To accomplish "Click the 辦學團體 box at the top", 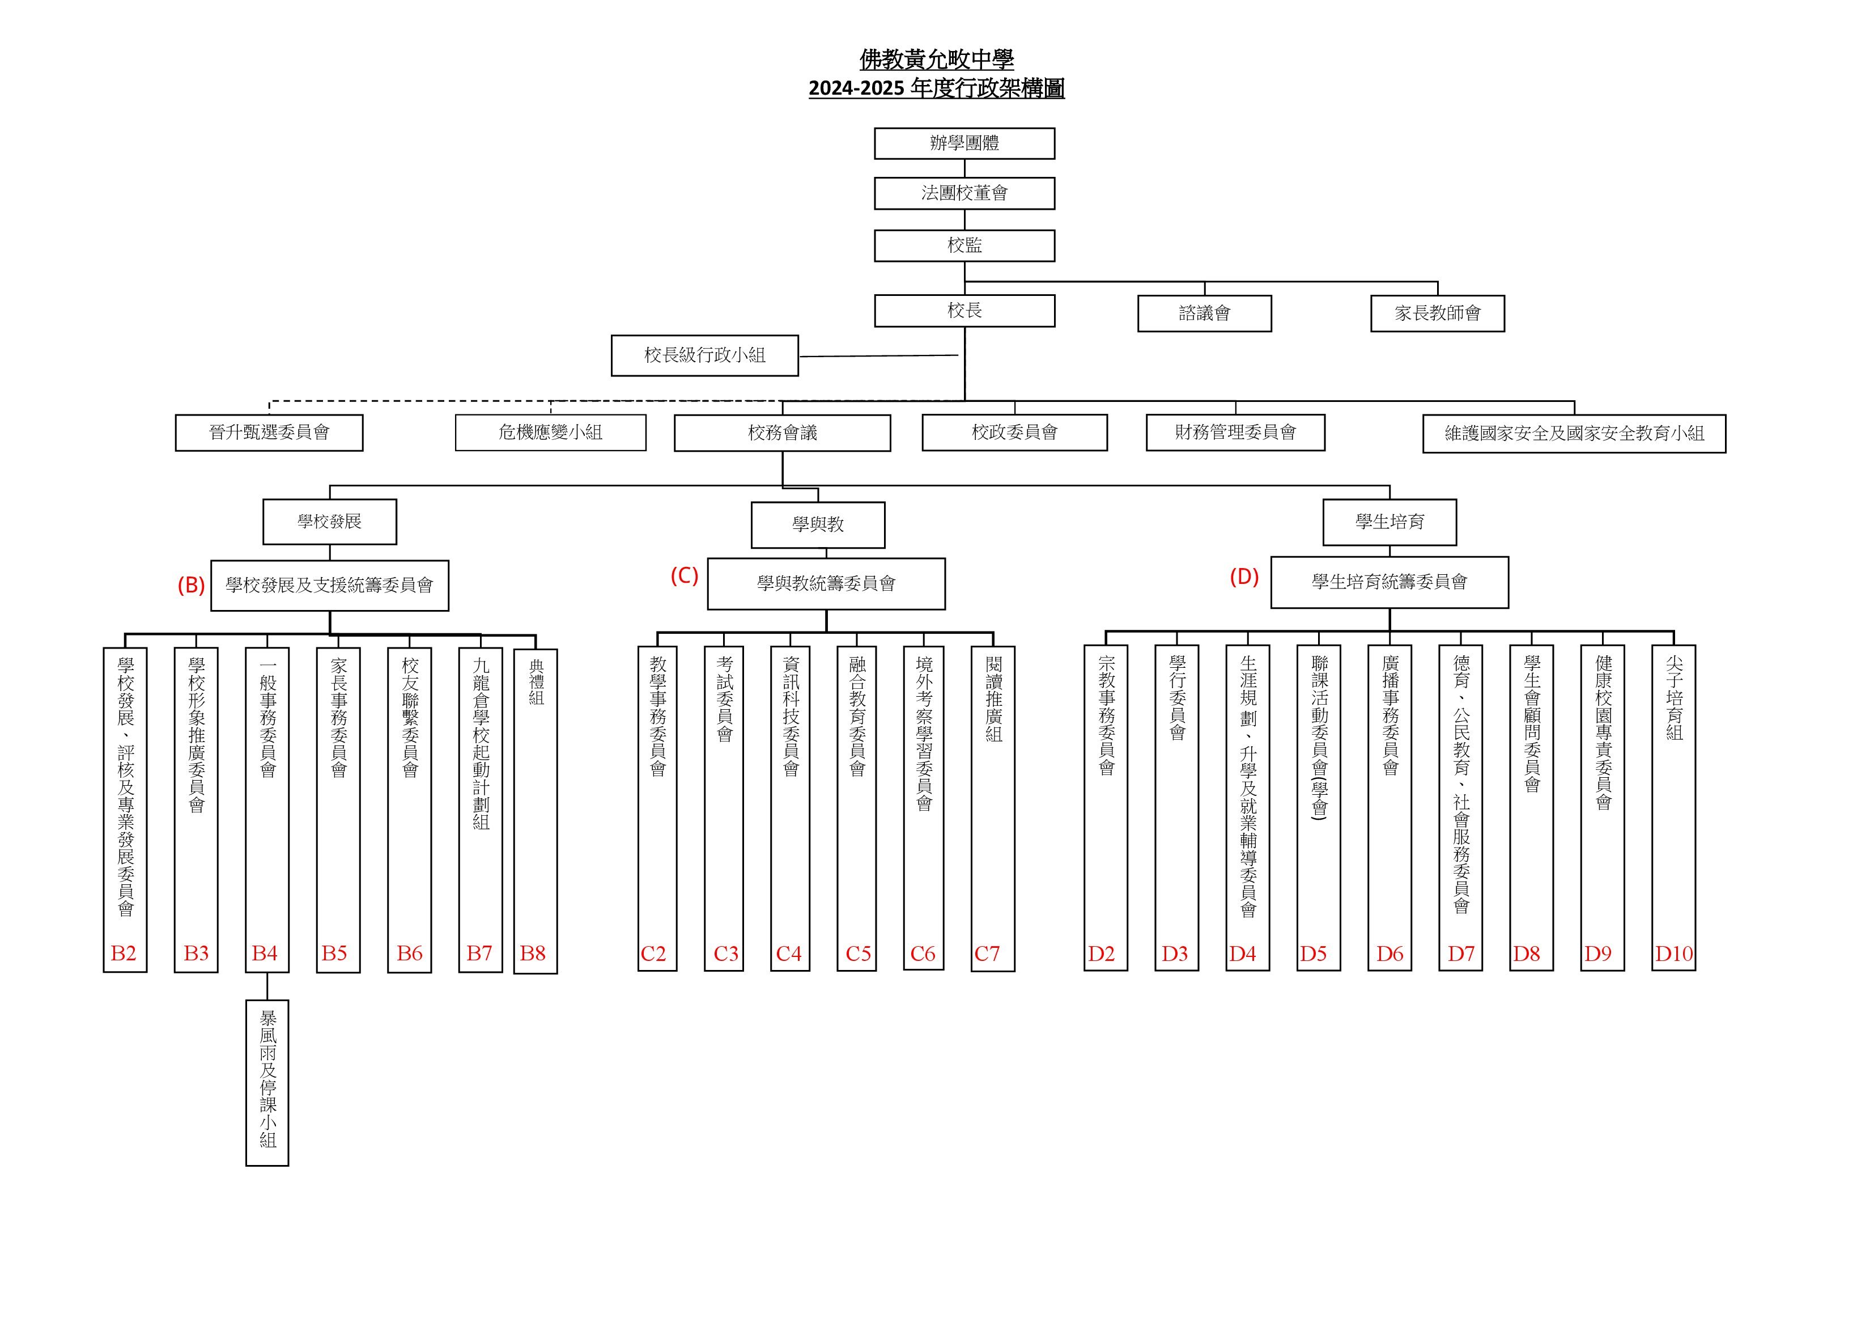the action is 964,143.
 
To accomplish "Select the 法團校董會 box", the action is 964,193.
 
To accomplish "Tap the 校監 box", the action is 964,246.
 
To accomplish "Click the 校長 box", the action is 964,311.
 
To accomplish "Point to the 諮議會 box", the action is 1205,314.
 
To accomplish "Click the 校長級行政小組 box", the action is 704,355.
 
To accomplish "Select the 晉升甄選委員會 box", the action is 269,433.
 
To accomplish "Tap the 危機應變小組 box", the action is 550,433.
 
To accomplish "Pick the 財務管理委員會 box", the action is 1236,433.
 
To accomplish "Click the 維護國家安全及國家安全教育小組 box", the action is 1574,434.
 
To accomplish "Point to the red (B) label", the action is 191,586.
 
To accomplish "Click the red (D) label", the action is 1244,577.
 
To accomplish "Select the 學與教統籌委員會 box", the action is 826,584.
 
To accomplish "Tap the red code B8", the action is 533,954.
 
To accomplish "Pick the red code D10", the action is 1674,954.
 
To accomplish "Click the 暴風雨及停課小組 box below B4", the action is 267,1083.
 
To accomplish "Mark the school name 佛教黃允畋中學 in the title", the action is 937,60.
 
